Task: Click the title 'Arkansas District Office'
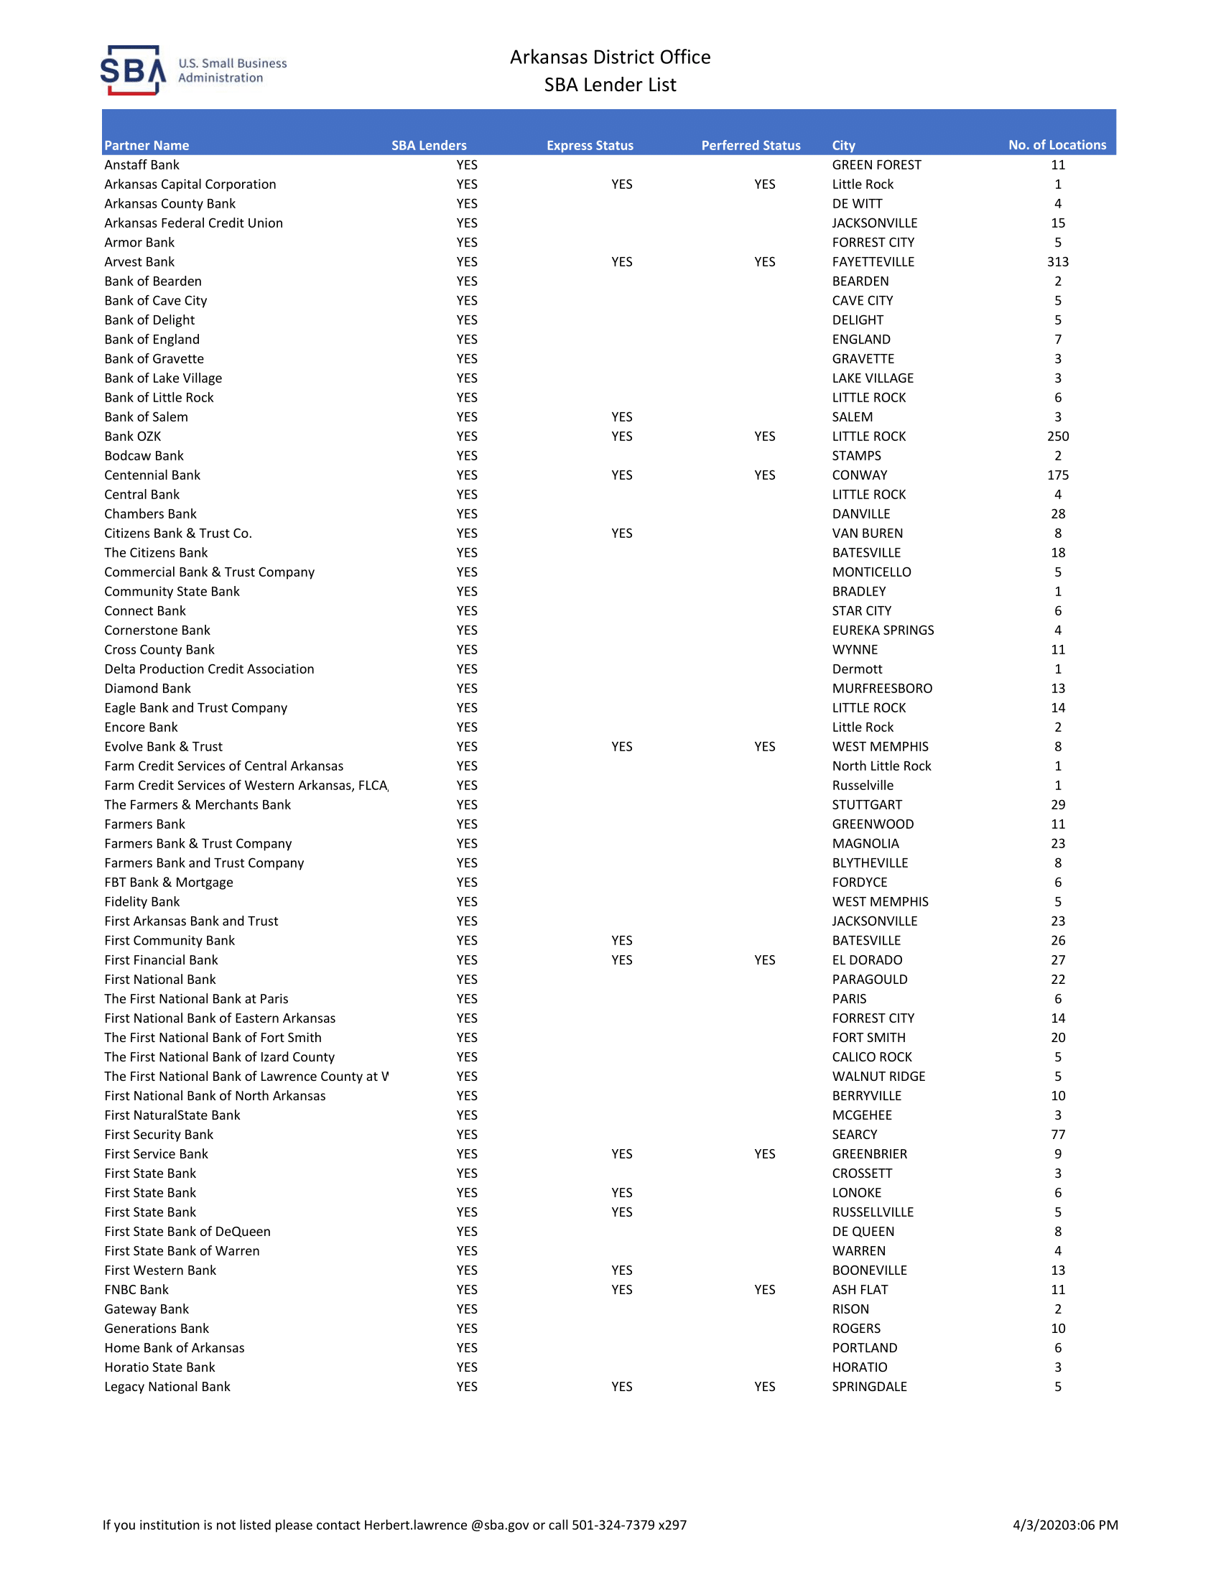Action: point(610,57)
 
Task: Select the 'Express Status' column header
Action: point(590,145)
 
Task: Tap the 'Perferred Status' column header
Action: point(750,145)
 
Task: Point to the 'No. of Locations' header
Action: point(1057,144)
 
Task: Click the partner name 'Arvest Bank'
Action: point(139,262)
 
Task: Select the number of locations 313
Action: point(1057,262)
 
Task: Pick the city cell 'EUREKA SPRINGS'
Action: point(883,630)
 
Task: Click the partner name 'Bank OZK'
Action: point(132,436)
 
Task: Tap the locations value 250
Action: point(1057,436)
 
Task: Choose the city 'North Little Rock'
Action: point(881,766)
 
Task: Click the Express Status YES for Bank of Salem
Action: point(621,417)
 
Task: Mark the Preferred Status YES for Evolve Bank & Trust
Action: point(765,747)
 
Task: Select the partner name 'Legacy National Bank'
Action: point(167,1387)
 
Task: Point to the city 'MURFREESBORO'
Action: point(882,689)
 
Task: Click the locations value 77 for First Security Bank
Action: point(1057,1134)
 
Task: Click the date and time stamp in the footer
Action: point(1064,1525)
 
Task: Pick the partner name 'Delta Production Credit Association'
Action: point(209,669)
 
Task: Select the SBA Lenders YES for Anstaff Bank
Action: point(467,165)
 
